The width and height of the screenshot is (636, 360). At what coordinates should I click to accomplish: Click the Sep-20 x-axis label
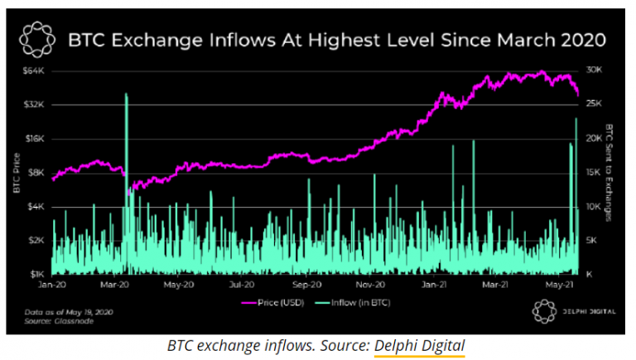307,285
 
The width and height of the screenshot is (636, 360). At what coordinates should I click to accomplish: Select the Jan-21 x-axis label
432,285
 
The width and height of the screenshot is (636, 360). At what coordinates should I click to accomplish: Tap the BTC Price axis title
15,172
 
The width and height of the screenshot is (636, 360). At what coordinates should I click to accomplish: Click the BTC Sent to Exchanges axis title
611,172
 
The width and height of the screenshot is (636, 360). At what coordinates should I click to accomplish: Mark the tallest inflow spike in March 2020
126,96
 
